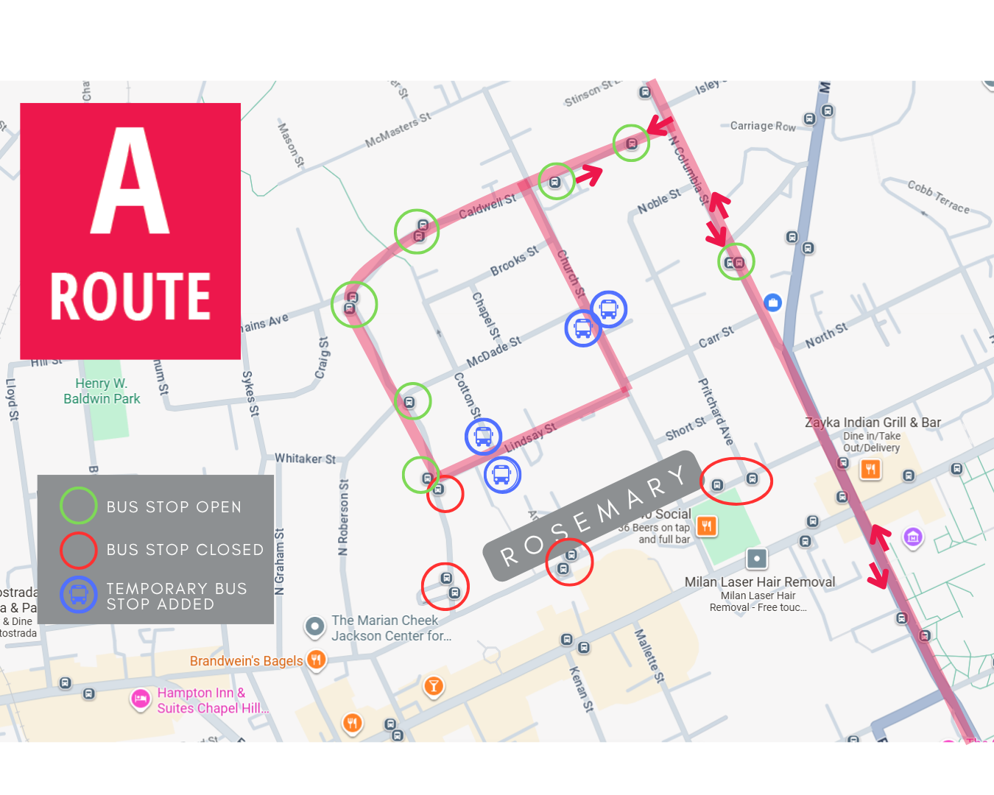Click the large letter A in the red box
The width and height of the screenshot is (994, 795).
point(130,182)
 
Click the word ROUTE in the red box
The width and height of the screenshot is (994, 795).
point(130,297)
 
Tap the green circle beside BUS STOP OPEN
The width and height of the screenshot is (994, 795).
point(78,506)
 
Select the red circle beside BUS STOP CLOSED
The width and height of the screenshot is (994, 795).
point(78,550)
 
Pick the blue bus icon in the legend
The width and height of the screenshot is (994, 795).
point(78,595)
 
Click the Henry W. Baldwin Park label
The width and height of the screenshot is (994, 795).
point(102,391)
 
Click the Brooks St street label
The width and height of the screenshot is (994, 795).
point(514,261)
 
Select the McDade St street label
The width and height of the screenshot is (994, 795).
point(493,352)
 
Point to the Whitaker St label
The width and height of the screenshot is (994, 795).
point(305,459)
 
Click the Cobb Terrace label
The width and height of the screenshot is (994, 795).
point(938,197)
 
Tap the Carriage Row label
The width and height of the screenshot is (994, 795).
point(763,126)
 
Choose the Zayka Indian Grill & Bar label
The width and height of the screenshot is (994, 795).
point(873,423)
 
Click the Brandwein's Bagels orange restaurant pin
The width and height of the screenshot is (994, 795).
point(317,660)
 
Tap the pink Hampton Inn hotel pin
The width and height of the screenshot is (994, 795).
point(140,699)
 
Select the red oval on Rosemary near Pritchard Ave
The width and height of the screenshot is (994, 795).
point(735,481)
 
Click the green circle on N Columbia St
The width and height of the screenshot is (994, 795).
point(736,262)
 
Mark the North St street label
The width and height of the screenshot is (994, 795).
point(826,336)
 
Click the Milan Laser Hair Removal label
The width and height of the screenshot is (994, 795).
point(760,582)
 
